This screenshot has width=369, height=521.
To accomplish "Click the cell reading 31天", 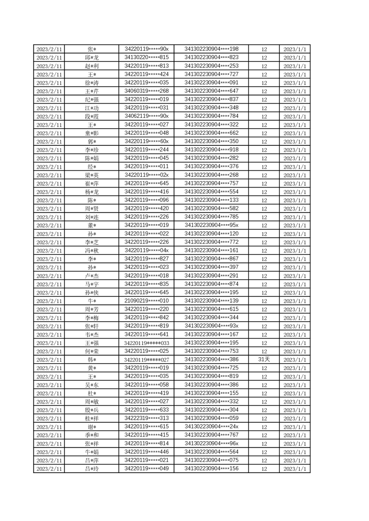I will tap(264, 359).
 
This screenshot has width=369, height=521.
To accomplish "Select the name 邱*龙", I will tap(92, 58).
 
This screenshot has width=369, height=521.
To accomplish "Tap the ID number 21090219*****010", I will tap(147, 300).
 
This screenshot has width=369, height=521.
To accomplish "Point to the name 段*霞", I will tap(92, 117).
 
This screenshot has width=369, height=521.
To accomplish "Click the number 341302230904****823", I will tap(212, 57).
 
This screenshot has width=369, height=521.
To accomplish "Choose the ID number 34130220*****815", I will tap(147, 57).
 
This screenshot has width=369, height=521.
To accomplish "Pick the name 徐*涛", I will tap(92, 83).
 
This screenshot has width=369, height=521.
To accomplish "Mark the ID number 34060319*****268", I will tap(147, 91).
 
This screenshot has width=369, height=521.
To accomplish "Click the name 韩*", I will tap(92, 360).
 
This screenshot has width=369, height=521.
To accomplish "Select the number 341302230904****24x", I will tap(212, 427).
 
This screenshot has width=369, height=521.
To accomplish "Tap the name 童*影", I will tap(92, 133).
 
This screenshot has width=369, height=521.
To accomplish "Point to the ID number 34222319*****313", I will tap(147, 418).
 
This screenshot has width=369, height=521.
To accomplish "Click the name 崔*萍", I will tap(92, 184).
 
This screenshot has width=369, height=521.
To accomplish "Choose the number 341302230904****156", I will tap(212, 469).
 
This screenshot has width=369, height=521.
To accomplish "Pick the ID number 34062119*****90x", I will tap(147, 116).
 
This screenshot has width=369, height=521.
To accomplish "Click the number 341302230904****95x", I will tap(212, 225).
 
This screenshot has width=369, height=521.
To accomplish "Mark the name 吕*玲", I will tap(92, 469).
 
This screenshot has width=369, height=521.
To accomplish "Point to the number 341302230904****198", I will tap(212, 49).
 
